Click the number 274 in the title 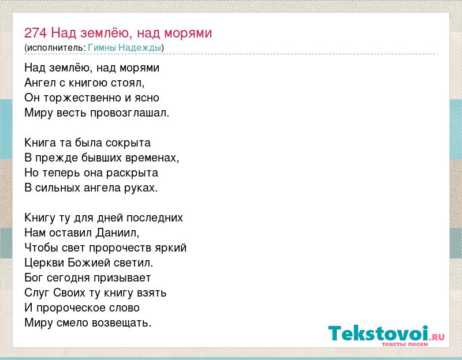click(35, 33)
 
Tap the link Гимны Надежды click(125, 48)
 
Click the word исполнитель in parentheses click(55, 48)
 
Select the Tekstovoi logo click(386, 336)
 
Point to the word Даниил click(117, 233)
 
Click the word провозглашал click(129, 113)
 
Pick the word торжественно click(83, 97)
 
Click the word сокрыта click(128, 142)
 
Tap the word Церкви click(44, 262)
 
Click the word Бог click(34, 277)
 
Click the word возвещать click(121, 323)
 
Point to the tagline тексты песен click(405, 344)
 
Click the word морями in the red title click(188, 33)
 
